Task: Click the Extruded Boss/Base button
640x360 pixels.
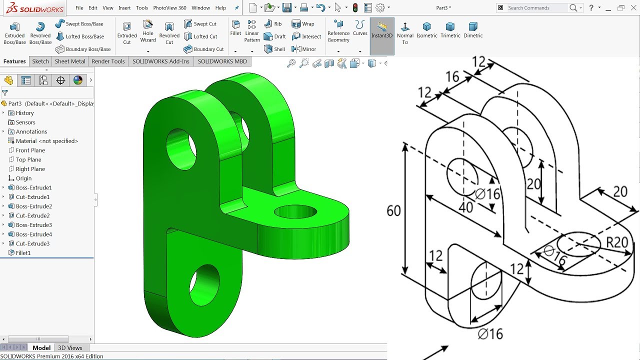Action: pos(14,33)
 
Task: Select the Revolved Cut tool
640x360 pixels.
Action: pos(169,33)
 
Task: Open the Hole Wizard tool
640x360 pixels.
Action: pos(148,31)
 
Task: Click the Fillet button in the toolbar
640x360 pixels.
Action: pos(235,28)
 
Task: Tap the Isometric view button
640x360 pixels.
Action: pos(426,30)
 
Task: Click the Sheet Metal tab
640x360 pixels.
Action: pos(70,61)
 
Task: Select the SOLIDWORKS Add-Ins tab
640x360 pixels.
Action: pos(160,61)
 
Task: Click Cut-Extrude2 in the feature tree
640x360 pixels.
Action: pos(32,215)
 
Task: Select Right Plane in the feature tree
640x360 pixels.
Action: pos(30,169)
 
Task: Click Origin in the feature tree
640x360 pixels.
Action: pos(23,178)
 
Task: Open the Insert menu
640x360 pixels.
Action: pos(124,8)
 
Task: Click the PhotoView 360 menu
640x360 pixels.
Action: pos(169,8)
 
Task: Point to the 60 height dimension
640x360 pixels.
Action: pos(393,211)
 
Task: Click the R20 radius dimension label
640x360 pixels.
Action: pos(616,242)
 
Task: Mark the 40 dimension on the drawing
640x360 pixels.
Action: pos(465,207)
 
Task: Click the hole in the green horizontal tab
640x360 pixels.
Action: pos(295,211)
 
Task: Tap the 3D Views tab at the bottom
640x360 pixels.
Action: pos(70,348)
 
